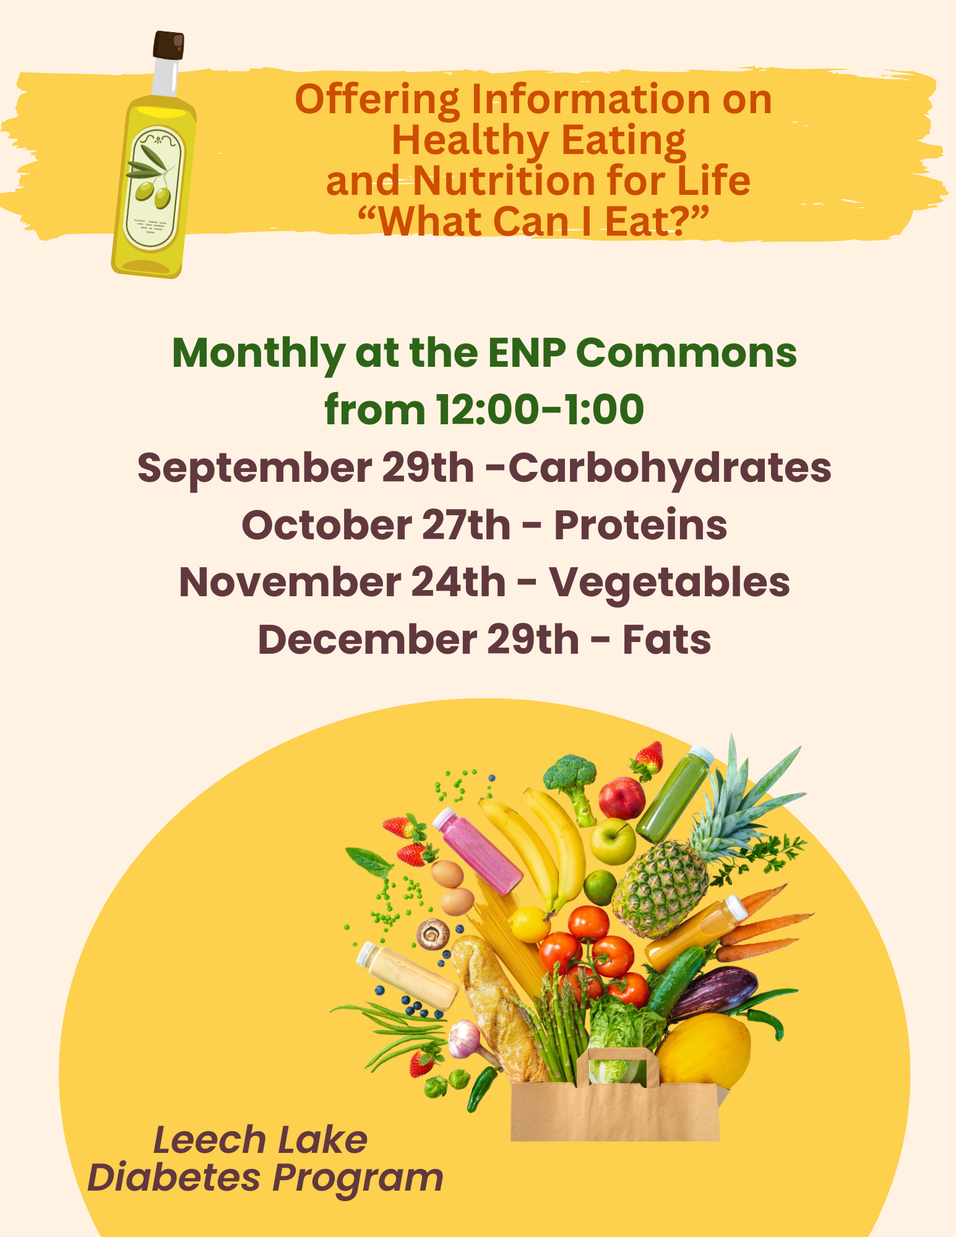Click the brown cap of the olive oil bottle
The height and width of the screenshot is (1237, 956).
[169, 45]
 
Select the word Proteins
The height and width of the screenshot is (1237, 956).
[640, 524]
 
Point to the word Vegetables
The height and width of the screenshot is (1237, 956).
[670, 583]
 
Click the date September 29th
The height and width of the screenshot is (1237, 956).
[306, 468]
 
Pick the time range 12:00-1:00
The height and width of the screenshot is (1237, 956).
[540, 409]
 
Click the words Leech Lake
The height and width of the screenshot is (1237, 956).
[261, 1140]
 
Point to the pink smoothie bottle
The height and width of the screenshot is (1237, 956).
[478, 850]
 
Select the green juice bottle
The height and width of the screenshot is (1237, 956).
[674, 794]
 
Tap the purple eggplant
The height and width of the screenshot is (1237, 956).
[713, 996]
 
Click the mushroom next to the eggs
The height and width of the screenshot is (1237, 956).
[433, 934]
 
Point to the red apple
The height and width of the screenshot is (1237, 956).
[622, 798]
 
